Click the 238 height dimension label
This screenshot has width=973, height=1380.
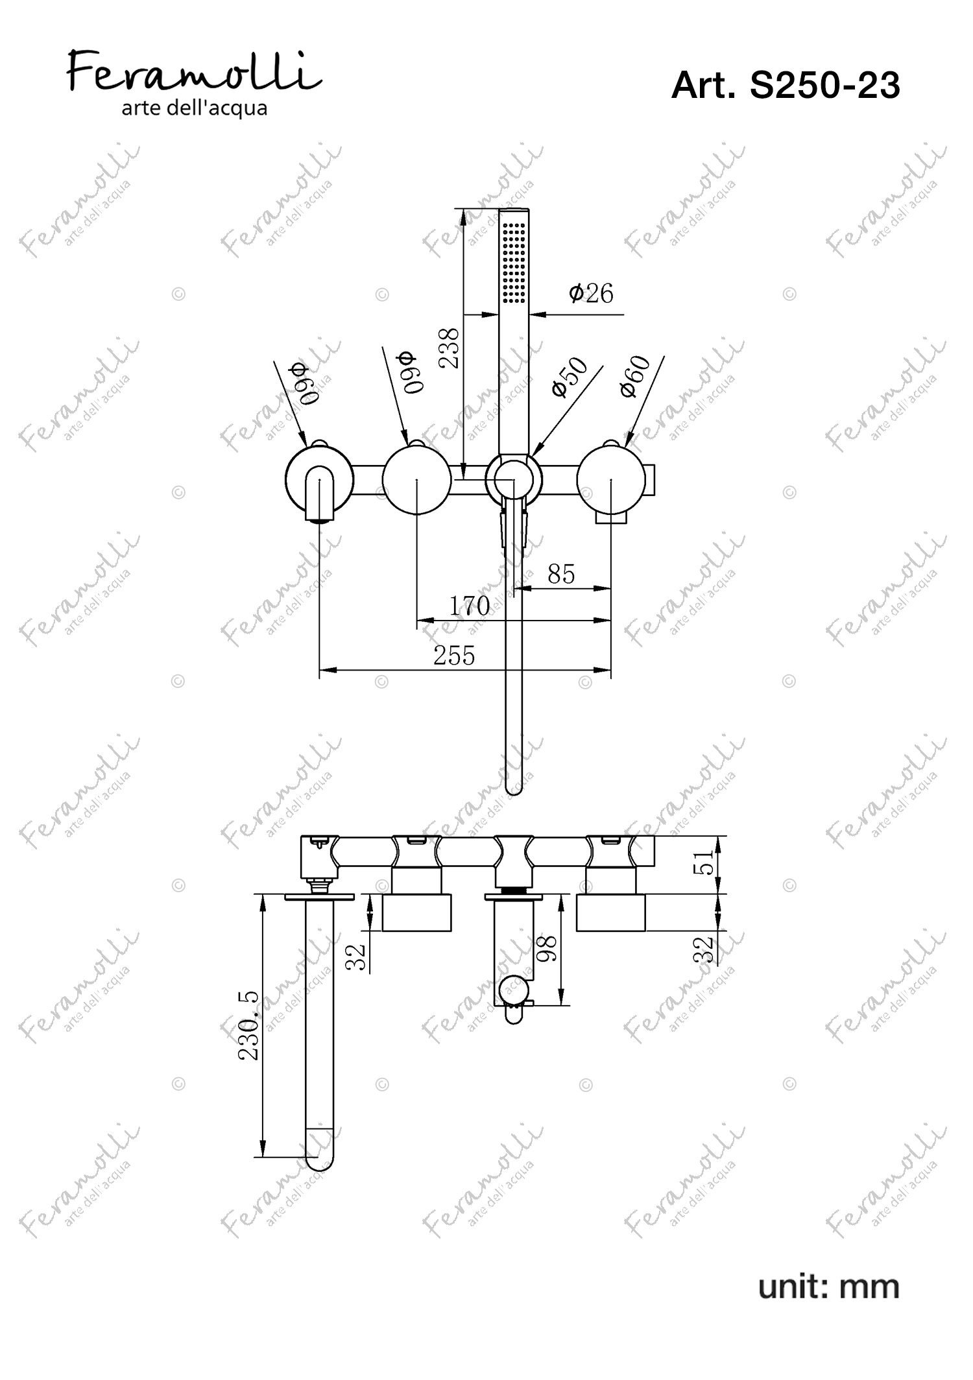[x=450, y=348]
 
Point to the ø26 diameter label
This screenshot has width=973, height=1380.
[x=591, y=293]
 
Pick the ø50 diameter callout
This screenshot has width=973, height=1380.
[x=569, y=377]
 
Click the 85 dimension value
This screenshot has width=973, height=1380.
[x=561, y=575]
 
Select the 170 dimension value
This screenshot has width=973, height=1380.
[x=470, y=606]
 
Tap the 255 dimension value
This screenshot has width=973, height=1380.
[x=454, y=656]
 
